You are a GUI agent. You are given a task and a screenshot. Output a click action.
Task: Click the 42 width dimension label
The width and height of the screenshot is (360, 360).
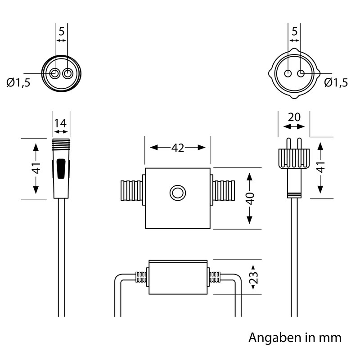tap(178, 148)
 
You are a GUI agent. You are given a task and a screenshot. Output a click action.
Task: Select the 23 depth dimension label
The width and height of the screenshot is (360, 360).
tap(253, 277)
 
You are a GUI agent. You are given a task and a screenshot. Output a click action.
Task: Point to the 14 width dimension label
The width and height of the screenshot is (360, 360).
tap(60, 123)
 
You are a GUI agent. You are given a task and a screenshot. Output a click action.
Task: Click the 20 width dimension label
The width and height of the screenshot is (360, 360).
tap(294, 117)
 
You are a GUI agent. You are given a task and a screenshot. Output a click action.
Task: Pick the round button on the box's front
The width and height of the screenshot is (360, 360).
tap(177, 193)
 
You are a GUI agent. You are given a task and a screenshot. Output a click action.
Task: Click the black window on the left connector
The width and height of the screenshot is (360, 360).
tap(61, 169)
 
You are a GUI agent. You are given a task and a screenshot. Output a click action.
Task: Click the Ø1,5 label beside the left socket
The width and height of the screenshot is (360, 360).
tap(18, 83)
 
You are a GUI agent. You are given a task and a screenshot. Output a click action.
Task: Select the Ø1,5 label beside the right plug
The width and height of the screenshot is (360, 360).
tap(336, 83)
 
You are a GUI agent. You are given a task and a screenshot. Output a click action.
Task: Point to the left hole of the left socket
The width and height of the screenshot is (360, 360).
tap(55, 74)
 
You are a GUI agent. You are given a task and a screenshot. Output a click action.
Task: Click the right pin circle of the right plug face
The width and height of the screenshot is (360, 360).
tap(301, 74)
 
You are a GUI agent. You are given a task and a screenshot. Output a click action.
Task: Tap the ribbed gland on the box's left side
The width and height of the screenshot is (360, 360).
tap(131, 190)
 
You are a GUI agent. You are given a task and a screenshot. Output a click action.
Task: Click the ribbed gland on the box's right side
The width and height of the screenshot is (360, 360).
tap(224, 190)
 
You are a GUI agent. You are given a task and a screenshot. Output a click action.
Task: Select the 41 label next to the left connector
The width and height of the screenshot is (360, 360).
tap(36, 168)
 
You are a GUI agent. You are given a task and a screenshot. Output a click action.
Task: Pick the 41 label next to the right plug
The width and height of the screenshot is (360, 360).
tap(321, 167)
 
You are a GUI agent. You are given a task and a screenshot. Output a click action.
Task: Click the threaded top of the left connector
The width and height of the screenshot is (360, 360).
tap(61, 144)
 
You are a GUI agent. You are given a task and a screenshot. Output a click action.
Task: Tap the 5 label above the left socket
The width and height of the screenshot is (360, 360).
tap(61, 31)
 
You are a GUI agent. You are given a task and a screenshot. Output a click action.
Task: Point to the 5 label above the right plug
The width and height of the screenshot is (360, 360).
tap(295, 31)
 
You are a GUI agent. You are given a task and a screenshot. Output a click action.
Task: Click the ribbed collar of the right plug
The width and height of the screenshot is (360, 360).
tap(294, 158)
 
